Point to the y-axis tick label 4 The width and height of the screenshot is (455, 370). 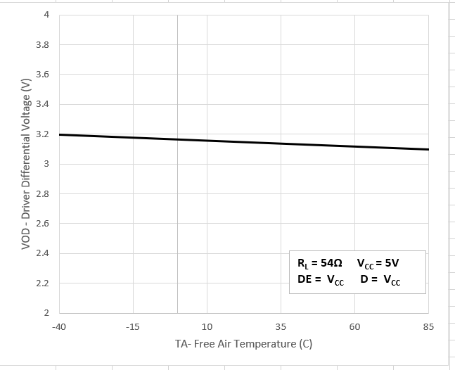pos(46,15)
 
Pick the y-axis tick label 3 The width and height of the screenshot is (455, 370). pos(46,164)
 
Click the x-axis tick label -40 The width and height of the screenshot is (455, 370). pos(59,327)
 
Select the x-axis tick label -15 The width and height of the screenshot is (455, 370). pos(133,327)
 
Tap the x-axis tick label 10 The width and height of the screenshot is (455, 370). pos(207,327)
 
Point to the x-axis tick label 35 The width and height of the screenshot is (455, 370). pos(281,327)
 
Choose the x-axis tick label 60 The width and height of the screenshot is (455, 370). pos(354,327)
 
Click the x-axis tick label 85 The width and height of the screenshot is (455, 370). pos(428,327)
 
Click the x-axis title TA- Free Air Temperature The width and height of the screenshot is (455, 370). pos(243,345)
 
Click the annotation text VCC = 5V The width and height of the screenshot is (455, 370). pos(378,264)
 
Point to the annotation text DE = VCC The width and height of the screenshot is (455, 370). pos(321,280)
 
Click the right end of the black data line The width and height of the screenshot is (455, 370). pos(428,149)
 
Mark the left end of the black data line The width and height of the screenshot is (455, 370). pos(60,134)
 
